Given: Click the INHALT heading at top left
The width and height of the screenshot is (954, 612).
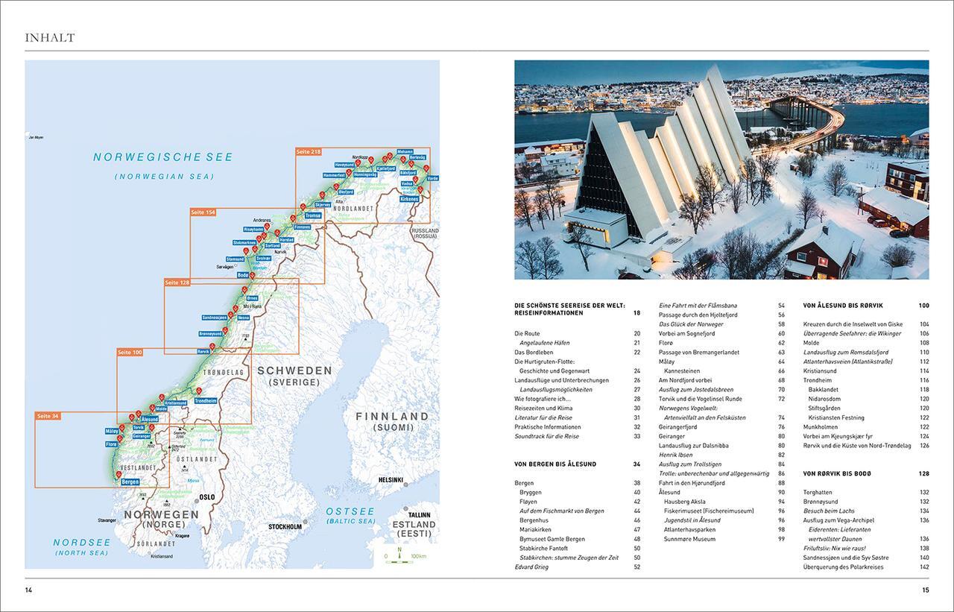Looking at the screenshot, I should [x=50, y=37].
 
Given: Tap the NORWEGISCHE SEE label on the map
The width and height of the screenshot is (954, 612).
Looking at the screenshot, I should [x=163, y=157].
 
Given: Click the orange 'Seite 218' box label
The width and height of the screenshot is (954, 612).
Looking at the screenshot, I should [x=309, y=151].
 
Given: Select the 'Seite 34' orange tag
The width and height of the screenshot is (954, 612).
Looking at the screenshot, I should [x=48, y=416].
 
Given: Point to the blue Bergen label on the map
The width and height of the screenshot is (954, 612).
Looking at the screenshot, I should [x=130, y=482].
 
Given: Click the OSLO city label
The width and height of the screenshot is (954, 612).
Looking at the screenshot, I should [x=206, y=497].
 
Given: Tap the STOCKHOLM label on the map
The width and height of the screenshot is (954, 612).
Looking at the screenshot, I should [x=285, y=527].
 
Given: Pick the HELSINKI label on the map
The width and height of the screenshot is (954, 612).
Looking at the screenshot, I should [x=391, y=479].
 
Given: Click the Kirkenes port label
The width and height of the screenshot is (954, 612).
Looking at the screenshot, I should [x=409, y=200].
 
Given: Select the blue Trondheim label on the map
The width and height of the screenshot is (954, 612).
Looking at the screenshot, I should [x=206, y=400].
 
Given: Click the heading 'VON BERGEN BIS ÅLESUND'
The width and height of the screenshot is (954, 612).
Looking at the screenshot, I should [x=555, y=464].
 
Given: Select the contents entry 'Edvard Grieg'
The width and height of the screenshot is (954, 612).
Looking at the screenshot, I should [x=531, y=567].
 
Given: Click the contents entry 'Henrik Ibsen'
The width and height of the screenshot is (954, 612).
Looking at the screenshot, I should [x=676, y=455].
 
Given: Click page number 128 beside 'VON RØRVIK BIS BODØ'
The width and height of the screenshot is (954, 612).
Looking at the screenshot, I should [x=923, y=473].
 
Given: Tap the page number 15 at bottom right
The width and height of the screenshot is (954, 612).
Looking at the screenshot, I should [x=925, y=590].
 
